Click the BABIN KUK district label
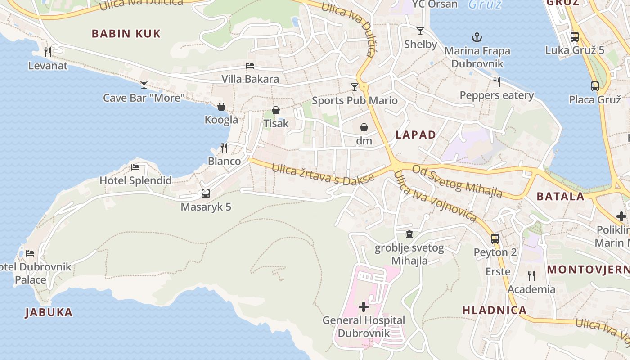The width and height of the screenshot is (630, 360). (x=126, y=34)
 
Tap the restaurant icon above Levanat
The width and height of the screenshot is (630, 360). (x=48, y=52)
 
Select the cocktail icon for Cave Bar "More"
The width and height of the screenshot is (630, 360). (x=144, y=84)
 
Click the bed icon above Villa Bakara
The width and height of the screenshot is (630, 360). (x=250, y=66)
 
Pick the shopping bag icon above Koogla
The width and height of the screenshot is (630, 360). (x=221, y=107)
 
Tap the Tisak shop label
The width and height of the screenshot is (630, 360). (x=276, y=123)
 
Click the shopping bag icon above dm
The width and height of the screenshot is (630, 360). (x=364, y=127)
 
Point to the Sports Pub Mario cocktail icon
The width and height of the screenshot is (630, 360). (x=355, y=87)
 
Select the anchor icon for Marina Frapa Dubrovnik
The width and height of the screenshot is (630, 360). (x=477, y=37)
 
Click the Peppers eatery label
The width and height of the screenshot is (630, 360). (x=496, y=95)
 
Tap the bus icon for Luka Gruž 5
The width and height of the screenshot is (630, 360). (x=575, y=37)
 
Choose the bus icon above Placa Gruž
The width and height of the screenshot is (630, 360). (x=594, y=86)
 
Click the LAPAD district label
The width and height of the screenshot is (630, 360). (x=416, y=135)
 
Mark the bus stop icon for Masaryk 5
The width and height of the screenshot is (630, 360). (x=206, y=193)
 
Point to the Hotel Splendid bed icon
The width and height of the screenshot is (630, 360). (x=135, y=167)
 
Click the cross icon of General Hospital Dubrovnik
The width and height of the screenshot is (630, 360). (x=364, y=307)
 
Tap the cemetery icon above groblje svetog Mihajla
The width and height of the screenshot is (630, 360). (x=409, y=234)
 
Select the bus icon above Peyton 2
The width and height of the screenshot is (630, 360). (x=495, y=239)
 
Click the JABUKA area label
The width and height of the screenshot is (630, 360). (x=49, y=312)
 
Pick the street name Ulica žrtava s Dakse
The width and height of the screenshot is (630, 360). (x=323, y=174)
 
